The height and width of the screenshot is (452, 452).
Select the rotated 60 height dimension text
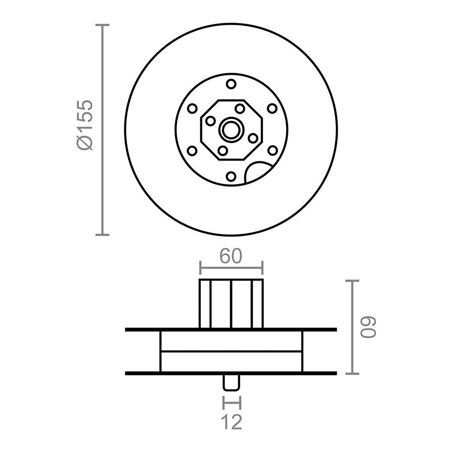[x=369, y=327]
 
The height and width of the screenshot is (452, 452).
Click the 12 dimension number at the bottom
[x=231, y=422]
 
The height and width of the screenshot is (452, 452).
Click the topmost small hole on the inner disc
[x=231, y=84]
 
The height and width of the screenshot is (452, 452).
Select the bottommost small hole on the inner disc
[x=231, y=177]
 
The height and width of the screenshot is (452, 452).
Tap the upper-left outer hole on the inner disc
[x=192, y=108]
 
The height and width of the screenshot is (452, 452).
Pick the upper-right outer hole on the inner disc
[x=272, y=108]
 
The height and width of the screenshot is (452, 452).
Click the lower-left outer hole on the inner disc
[x=192, y=151]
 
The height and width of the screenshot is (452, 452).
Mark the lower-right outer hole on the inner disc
[x=272, y=151]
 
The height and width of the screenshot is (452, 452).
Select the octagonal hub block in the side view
[x=231, y=304]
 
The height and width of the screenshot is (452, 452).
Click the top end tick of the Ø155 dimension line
[x=103, y=25]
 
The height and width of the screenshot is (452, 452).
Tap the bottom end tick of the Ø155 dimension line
[x=103, y=235]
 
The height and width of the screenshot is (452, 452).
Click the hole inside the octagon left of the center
[x=210, y=121]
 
